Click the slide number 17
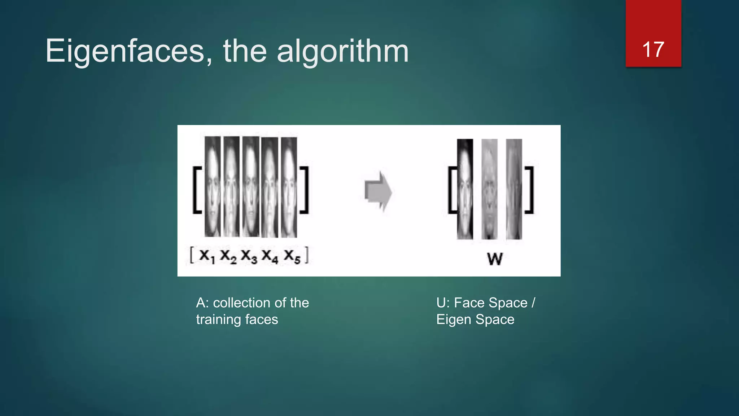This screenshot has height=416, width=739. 653,49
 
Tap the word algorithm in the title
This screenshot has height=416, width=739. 343,51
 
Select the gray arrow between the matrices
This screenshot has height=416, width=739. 378,191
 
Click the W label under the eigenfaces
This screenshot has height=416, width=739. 495,259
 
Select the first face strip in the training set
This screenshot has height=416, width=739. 213,186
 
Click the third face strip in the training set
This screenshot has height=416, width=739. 251,186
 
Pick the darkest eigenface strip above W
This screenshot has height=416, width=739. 465,189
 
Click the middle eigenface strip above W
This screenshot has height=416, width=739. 489,189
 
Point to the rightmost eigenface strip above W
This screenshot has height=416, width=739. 514,189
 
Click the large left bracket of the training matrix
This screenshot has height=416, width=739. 197,190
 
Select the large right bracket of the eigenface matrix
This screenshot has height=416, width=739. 529,190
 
